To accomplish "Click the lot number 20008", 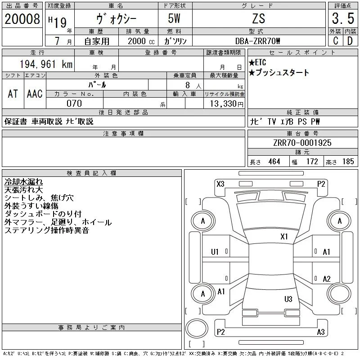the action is click(22, 19).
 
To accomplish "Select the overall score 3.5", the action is click(343, 18).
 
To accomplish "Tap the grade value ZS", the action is click(259, 18).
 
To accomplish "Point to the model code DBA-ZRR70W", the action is click(257, 41).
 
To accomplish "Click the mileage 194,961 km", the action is click(46, 64).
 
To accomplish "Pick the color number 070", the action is click(74, 103).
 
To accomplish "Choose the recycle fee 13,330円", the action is click(226, 104).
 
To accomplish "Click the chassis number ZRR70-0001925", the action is click(302, 143).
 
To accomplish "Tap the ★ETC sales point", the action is click(257, 63).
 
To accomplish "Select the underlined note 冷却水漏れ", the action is click(23, 182).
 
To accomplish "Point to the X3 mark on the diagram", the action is click(220, 184).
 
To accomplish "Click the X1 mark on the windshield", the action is click(284, 237).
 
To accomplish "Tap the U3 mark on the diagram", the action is click(288, 299).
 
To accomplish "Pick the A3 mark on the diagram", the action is click(321, 332).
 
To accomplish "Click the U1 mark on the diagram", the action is click(215, 252).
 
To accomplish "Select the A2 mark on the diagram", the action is click(327, 279).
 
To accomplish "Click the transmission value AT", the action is click(13, 94).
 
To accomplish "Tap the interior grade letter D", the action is click(350, 41).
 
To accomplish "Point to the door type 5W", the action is click(174, 18).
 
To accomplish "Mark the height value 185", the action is click(348, 162).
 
